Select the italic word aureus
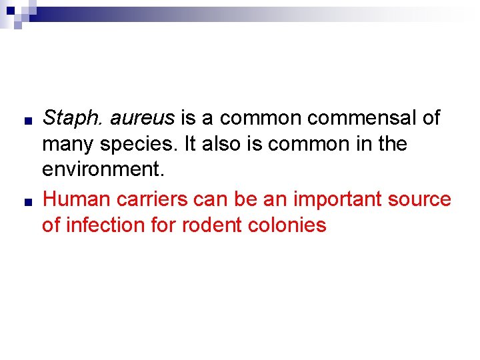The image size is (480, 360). (x=142, y=119)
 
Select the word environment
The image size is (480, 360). (x=102, y=170)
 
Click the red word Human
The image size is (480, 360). (x=74, y=199)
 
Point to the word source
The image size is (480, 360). (x=419, y=199)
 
